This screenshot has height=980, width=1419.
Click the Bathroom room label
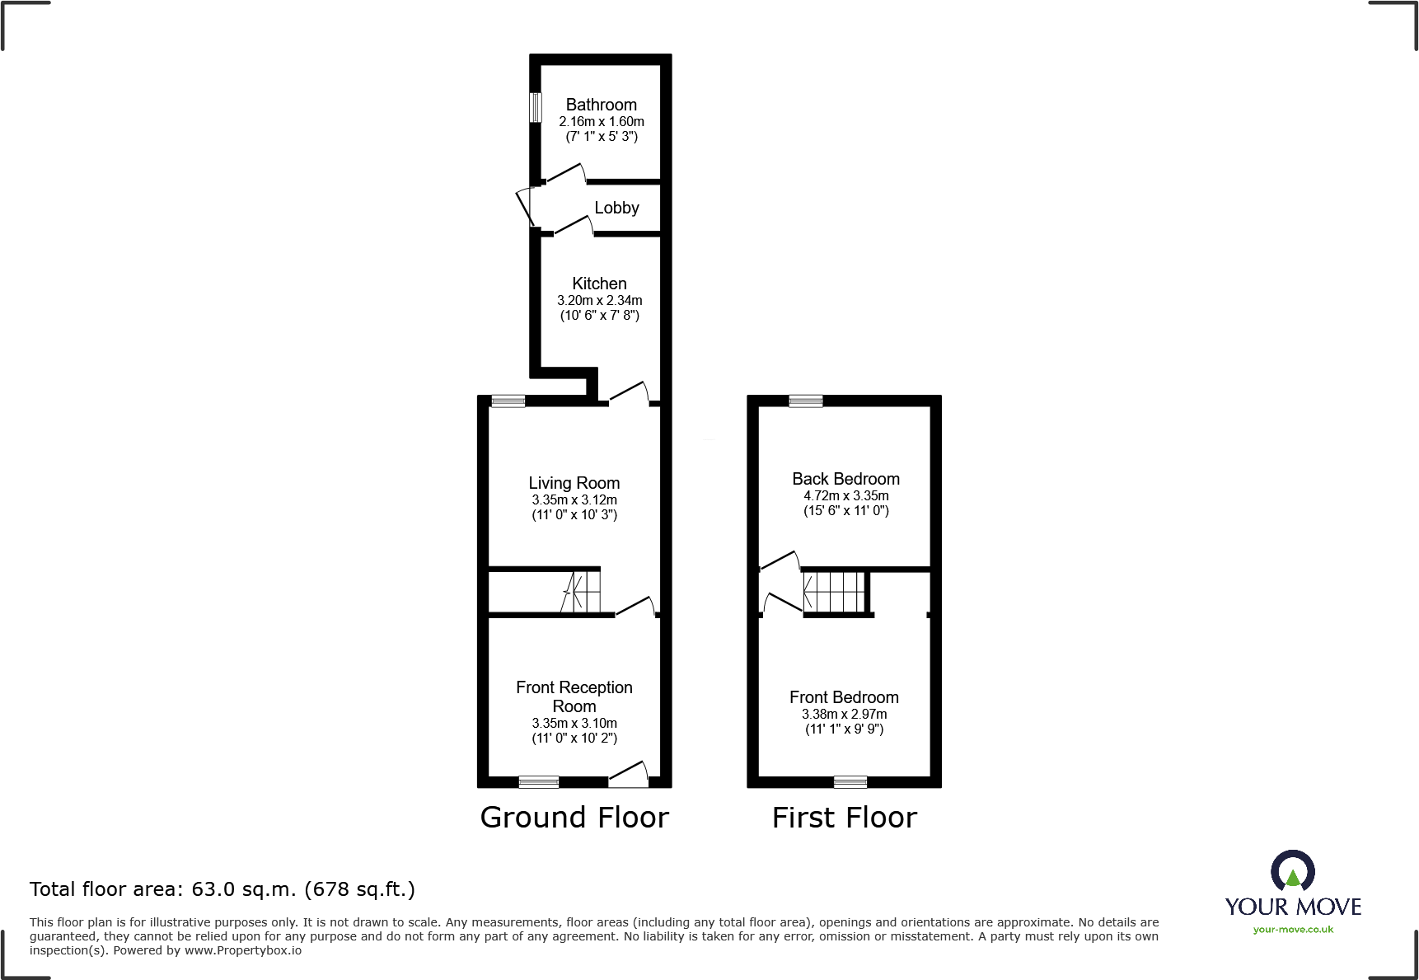pyautogui.click(x=601, y=105)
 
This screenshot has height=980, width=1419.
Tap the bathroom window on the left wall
pyautogui.click(x=536, y=107)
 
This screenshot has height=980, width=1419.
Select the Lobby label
pyautogui.click(x=616, y=208)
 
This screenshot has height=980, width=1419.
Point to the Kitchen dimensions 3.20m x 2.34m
pyautogui.click(x=600, y=301)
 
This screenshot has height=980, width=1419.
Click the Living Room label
pyautogui.click(x=574, y=483)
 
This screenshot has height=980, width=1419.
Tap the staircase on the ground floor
pyautogui.click(x=580, y=591)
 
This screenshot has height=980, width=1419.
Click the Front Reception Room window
pyautogui.click(x=539, y=782)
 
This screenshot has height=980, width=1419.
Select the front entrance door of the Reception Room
pyautogui.click(x=629, y=775)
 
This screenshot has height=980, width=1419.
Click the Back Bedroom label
pyautogui.click(x=845, y=479)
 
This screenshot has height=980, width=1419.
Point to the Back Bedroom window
pyautogui.click(x=806, y=401)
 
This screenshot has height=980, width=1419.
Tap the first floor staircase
pyautogui.click(x=835, y=592)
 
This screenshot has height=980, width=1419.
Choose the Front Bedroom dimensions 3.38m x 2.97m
pyautogui.click(x=845, y=715)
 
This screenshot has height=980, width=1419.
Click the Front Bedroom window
pyautogui.click(x=850, y=782)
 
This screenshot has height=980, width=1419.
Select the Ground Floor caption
pyautogui.click(x=574, y=818)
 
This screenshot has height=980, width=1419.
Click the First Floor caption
pyautogui.click(x=845, y=818)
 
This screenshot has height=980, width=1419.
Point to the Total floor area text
pyautogui.click(x=222, y=889)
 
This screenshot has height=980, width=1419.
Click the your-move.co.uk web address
pyautogui.click(x=1293, y=930)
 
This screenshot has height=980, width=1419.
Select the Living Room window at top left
pyautogui.click(x=508, y=401)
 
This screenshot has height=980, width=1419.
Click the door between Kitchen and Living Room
pyautogui.click(x=629, y=394)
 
